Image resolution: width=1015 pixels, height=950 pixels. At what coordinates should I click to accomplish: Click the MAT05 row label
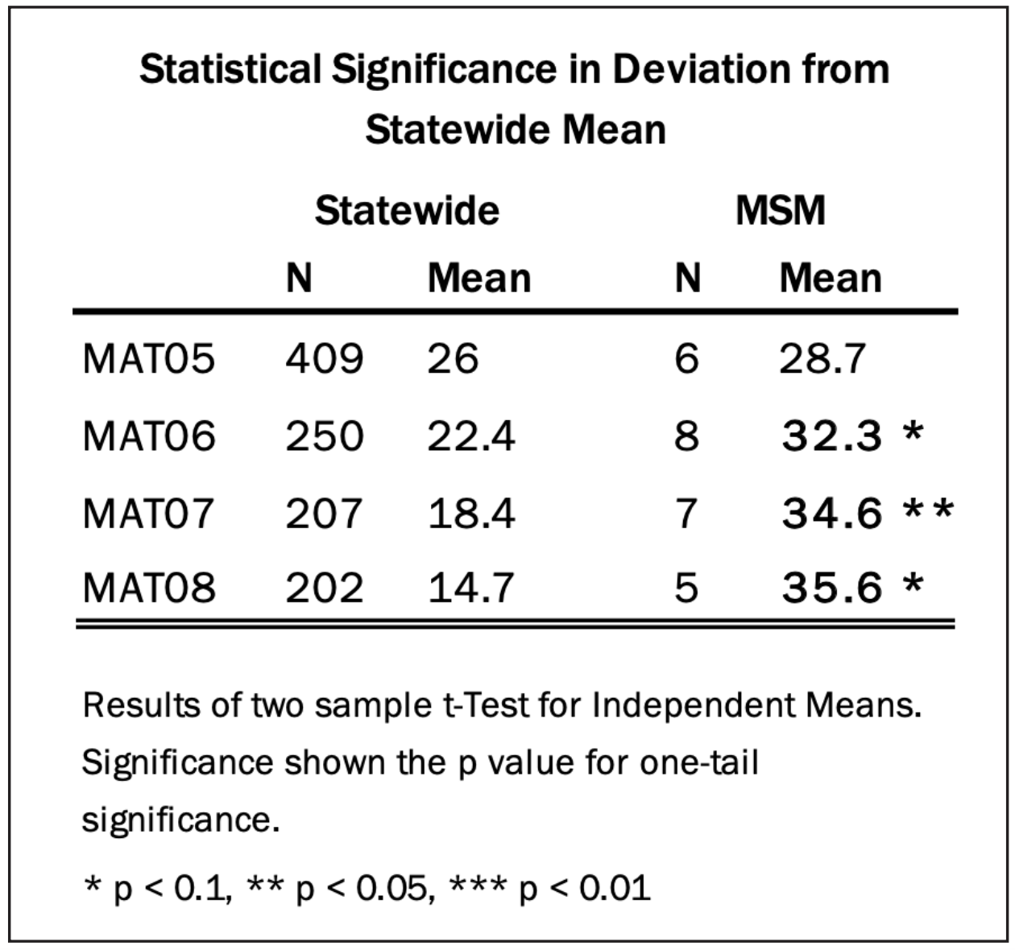149,358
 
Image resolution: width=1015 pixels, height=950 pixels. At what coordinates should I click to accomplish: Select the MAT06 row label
149,436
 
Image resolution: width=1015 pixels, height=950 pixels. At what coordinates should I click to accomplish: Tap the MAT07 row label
149,513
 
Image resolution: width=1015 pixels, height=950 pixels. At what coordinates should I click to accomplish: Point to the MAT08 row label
149,588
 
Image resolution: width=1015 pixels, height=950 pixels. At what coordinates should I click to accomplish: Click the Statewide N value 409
324,358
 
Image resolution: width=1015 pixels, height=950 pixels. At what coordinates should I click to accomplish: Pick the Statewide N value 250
324,436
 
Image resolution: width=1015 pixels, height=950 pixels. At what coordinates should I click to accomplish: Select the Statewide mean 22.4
470,436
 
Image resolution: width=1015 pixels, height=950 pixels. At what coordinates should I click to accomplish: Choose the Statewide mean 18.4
470,513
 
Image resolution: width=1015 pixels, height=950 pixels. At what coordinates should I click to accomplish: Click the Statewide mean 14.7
470,588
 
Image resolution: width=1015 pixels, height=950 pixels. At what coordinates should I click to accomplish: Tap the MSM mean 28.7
822,358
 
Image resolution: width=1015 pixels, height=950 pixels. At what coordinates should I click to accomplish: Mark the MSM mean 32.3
832,436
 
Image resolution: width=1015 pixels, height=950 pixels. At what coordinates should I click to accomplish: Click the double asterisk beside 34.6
928,509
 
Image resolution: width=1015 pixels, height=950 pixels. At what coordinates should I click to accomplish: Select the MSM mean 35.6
832,588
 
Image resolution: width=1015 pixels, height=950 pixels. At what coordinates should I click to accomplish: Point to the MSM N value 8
686,436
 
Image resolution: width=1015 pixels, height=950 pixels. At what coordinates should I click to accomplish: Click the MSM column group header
780,211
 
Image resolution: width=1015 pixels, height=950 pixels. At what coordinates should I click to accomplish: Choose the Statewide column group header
407,211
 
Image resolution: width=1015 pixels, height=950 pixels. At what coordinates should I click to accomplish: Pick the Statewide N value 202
324,588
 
